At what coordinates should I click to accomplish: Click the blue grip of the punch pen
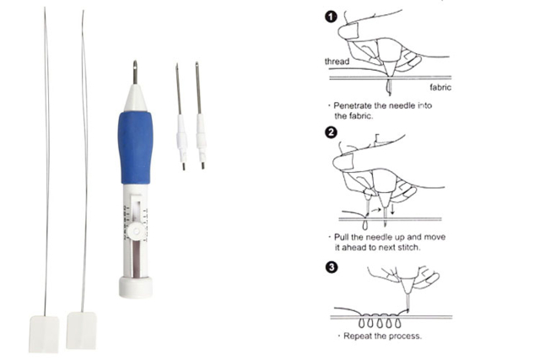(x=135, y=148)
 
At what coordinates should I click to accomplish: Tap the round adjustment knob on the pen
(x=136, y=231)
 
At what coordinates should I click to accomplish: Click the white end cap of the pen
(x=136, y=287)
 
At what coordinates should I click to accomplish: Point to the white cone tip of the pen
(x=135, y=98)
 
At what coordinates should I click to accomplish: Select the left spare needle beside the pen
(x=181, y=117)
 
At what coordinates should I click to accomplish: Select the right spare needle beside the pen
(x=200, y=116)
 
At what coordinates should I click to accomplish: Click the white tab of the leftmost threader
(x=44, y=334)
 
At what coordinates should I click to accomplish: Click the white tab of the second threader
(x=81, y=330)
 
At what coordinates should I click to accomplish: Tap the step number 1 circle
(x=331, y=17)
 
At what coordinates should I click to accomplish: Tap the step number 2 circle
(x=331, y=132)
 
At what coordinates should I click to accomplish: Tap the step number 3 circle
(x=332, y=267)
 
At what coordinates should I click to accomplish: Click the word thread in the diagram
(x=337, y=62)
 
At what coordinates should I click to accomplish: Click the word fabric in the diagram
(x=440, y=88)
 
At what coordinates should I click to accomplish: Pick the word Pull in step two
(x=341, y=237)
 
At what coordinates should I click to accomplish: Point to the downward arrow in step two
(x=392, y=208)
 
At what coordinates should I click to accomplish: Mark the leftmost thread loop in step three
(x=361, y=323)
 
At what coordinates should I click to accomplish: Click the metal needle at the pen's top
(x=135, y=73)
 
